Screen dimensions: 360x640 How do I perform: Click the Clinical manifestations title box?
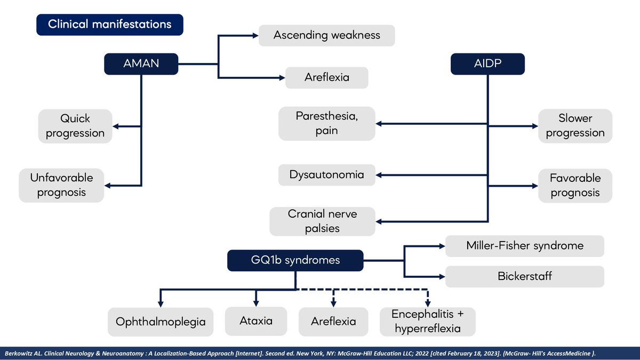pos(110,25)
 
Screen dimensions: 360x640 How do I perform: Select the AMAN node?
pos(141,64)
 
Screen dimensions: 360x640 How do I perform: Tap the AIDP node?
pos(487,64)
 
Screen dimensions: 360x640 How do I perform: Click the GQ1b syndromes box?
pos(296,260)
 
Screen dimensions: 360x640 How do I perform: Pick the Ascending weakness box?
pos(327,35)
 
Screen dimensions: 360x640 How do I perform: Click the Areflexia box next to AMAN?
pos(327,77)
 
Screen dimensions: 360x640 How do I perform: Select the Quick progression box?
pos(75,126)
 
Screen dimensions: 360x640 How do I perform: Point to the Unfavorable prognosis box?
pos(61,185)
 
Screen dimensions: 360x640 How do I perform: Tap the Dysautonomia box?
pos(327,175)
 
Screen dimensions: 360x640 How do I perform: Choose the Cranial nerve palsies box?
pos(323,221)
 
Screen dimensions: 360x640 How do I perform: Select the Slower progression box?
pos(575,126)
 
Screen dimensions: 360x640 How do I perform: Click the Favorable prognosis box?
pos(575,185)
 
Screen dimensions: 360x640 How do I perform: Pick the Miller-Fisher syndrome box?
pos(525,246)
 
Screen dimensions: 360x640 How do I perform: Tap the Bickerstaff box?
pos(525,277)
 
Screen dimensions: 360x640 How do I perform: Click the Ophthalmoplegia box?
pos(161,322)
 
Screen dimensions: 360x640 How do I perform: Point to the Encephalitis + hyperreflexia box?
pos(427,321)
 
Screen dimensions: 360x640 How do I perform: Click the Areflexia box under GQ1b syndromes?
pos(333,322)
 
